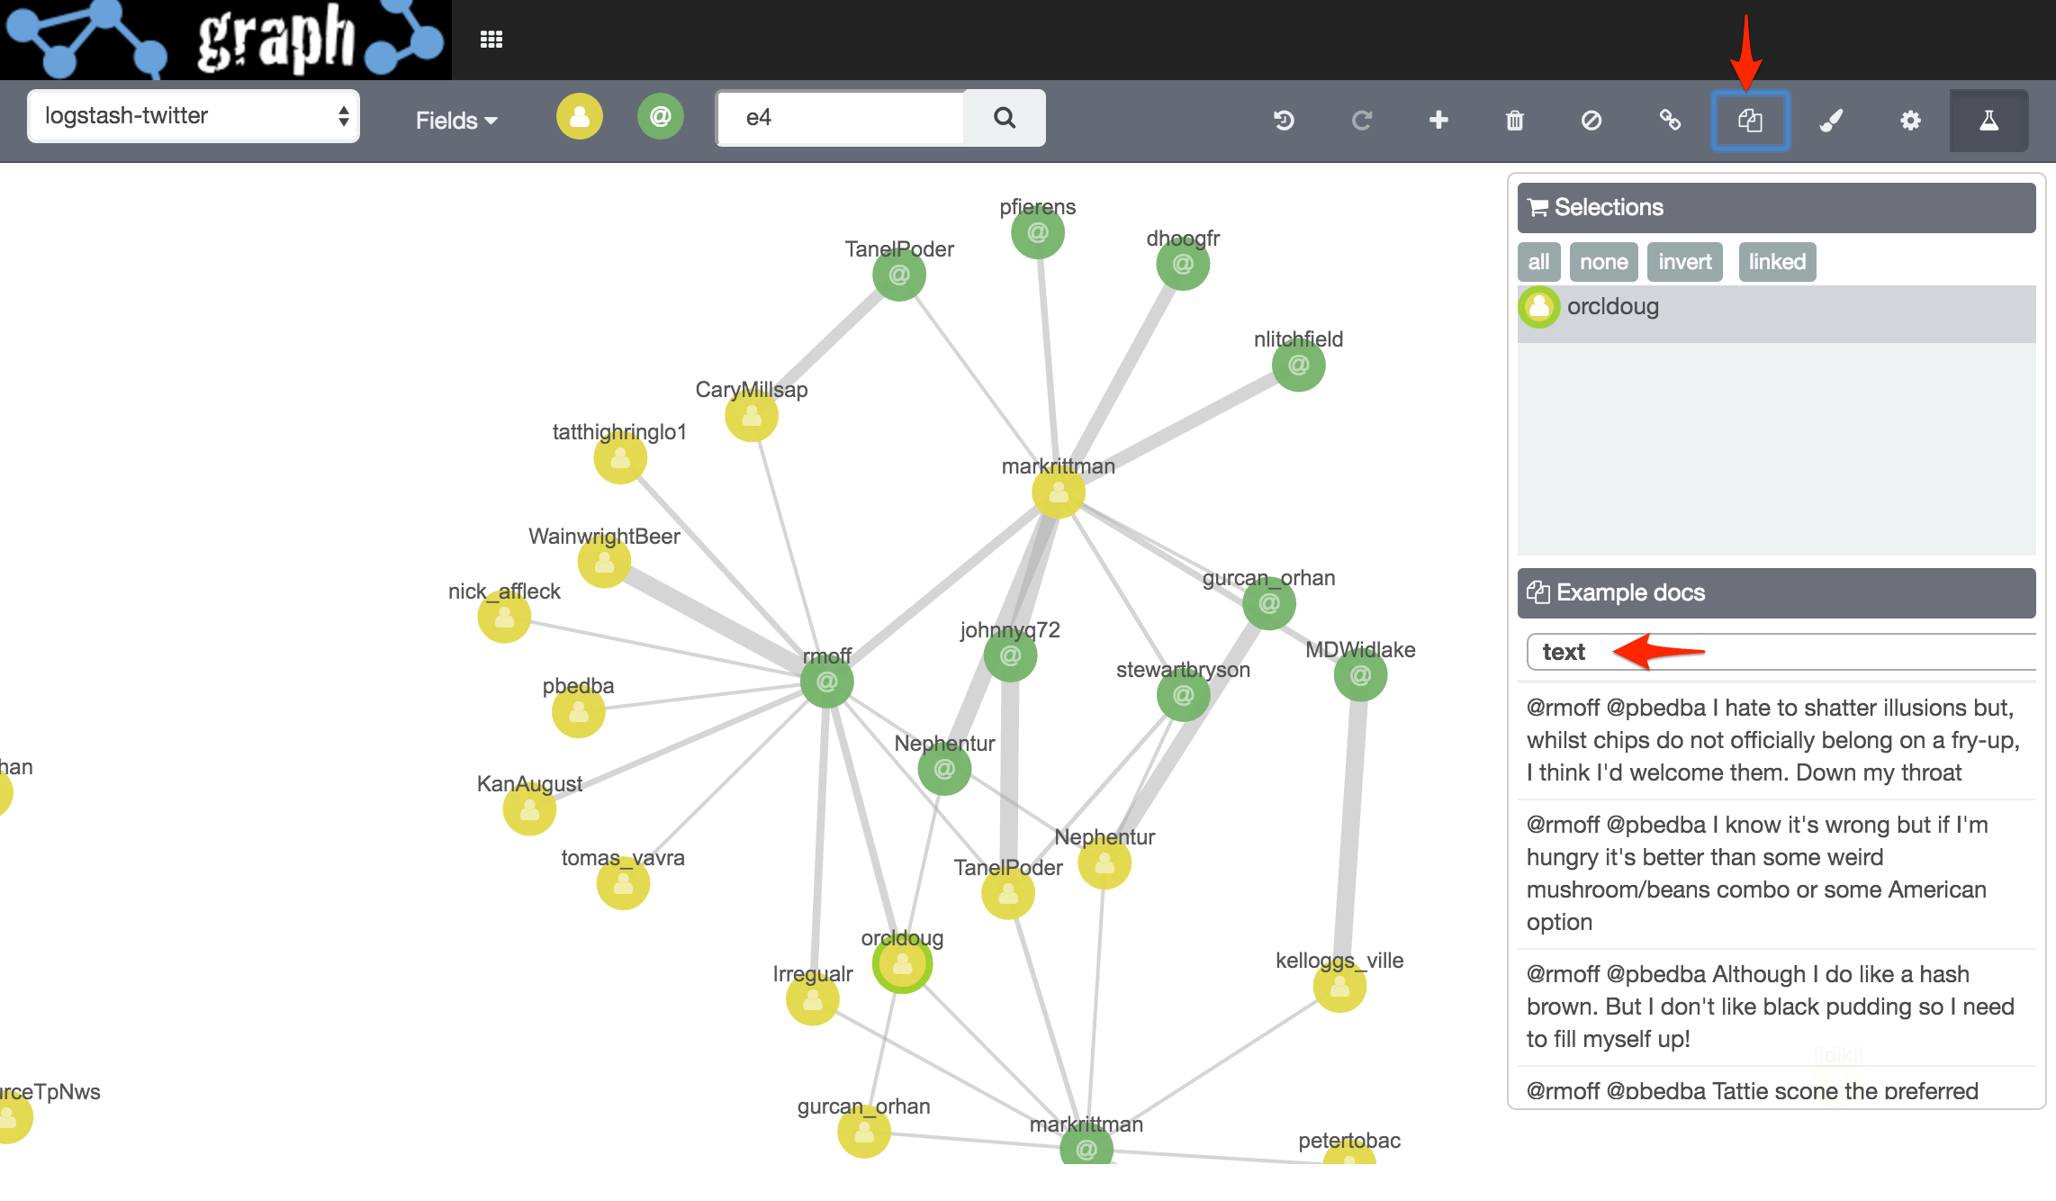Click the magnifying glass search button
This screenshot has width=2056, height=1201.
tap(1005, 118)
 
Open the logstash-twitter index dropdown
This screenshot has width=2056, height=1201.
tap(194, 116)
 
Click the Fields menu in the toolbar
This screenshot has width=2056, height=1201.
tap(455, 121)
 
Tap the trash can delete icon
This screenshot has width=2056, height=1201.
tap(1515, 120)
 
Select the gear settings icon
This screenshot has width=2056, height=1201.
tap(1910, 120)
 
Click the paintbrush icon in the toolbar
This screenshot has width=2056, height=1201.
tap(1831, 120)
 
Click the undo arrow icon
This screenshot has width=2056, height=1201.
tap(1284, 120)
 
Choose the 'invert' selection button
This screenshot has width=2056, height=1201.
tap(1684, 262)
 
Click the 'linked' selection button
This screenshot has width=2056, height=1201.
tap(1777, 262)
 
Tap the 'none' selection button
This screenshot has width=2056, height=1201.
tap(1603, 262)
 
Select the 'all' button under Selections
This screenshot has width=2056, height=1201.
tap(1538, 262)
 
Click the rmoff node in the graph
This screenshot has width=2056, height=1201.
tap(826, 682)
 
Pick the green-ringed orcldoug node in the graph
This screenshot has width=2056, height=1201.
tap(902, 964)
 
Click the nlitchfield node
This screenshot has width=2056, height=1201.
tap(1298, 365)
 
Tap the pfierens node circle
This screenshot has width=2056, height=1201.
tap(1038, 232)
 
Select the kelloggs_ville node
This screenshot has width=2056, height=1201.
tap(1339, 987)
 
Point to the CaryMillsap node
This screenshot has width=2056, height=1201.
tap(752, 416)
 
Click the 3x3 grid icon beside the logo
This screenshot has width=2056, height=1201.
tap(491, 40)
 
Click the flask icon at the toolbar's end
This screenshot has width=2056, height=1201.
tap(1988, 120)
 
